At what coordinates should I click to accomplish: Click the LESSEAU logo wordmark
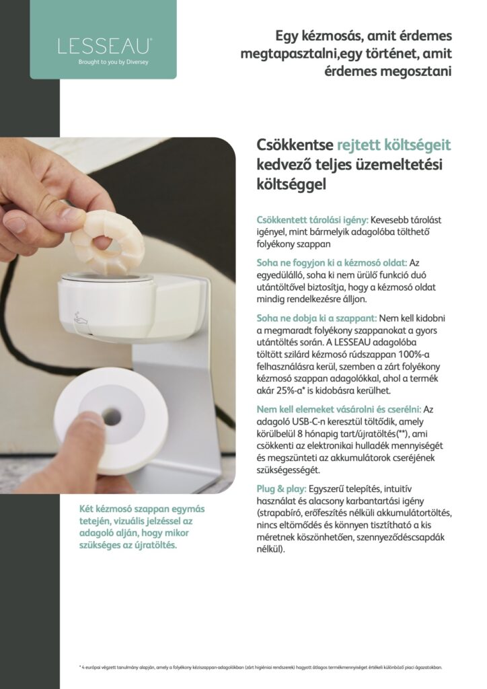pos(105,46)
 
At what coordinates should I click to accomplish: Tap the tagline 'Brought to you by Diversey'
pos(113,62)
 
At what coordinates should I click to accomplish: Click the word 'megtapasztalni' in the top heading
pos(286,54)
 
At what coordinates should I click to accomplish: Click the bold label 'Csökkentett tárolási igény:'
pos(313,220)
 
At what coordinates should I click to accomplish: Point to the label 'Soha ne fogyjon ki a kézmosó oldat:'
pos(332,263)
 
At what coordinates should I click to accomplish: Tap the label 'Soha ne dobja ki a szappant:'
pos(317,318)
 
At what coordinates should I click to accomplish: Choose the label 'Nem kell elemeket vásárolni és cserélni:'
pos(339,409)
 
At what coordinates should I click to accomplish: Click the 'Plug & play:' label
pos(281,488)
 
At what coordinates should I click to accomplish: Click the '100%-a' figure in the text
pos(414,354)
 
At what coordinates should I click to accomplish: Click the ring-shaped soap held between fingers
pos(107,242)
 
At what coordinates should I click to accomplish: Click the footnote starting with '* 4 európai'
pos(260,667)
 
